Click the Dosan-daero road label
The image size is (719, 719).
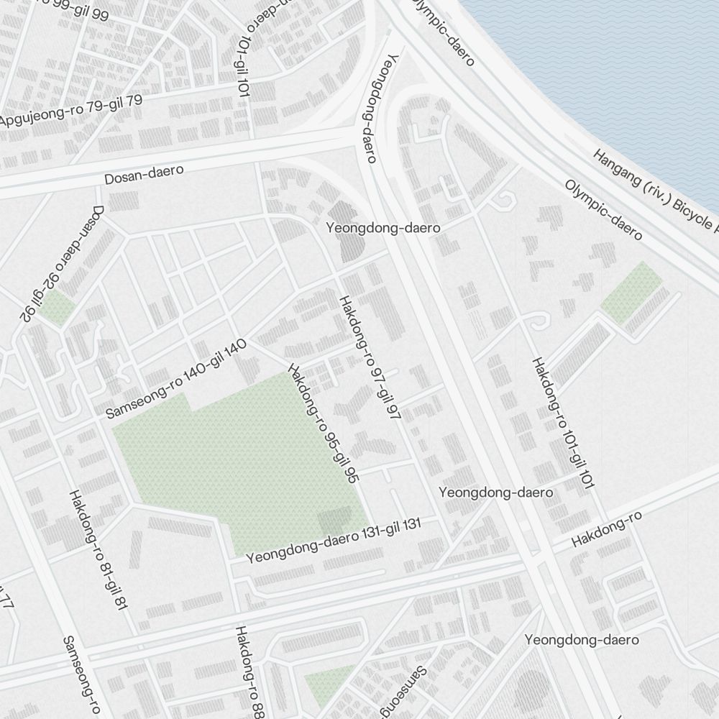(x=145, y=174)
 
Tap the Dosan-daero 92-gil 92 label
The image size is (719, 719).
(x=63, y=263)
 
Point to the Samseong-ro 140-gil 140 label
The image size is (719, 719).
(x=176, y=378)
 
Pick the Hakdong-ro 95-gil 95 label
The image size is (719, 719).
(x=323, y=422)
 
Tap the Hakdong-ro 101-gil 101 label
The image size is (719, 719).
(x=563, y=423)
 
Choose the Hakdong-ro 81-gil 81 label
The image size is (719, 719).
(x=98, y=551)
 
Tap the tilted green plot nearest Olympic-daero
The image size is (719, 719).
(x=631, y=292)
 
